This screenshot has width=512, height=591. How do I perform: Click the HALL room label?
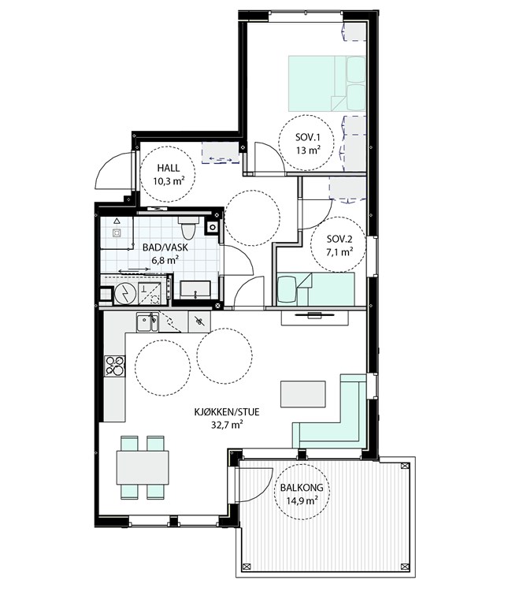(168, 168)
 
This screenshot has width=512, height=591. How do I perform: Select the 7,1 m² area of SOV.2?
(339, 252)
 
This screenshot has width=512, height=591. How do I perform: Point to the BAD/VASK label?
(165, 247)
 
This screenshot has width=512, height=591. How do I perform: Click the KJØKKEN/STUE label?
(227, 412)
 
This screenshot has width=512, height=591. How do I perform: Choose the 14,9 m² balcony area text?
(302, 500)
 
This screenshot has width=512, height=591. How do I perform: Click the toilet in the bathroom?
(187, 227)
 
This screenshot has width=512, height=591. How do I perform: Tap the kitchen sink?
(147, 322)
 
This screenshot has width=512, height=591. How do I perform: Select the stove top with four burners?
(114, 366)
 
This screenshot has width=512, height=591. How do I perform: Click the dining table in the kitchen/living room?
(143, 467)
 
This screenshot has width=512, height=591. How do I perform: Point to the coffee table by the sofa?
(303, 394)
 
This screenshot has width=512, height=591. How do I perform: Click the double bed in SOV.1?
(327, 84)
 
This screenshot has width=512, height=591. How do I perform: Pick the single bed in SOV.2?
(316, 289)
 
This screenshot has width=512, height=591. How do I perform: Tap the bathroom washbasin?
(195, 290)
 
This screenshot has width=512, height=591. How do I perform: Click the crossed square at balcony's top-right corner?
(405, 466)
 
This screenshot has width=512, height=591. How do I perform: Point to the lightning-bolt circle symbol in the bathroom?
(125, 294)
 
